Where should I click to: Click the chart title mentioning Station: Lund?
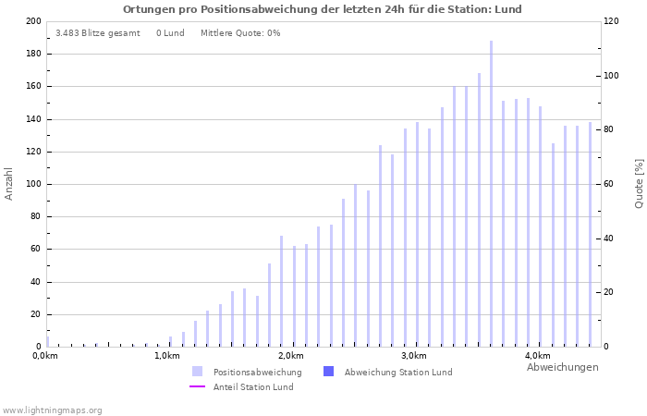click(323, 9)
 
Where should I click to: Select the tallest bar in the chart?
click(491, 193)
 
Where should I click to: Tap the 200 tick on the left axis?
click(33, 21)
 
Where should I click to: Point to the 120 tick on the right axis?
click(612, 21)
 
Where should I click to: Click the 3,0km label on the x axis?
click(413, 356)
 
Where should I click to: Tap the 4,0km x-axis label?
click(536, 356)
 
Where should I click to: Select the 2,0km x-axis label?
click(290, 356)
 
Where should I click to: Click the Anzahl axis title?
click(9, 183)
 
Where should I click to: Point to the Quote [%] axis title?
click(639, 183)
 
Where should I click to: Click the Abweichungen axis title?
click(562, 367)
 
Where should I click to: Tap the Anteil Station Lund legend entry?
click(252, 387)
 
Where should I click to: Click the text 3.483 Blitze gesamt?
click(98, 33)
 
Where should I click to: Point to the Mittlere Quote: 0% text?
click(240, 33)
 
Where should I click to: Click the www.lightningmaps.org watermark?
click(53, 410)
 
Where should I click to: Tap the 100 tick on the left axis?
click(33, 184)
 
